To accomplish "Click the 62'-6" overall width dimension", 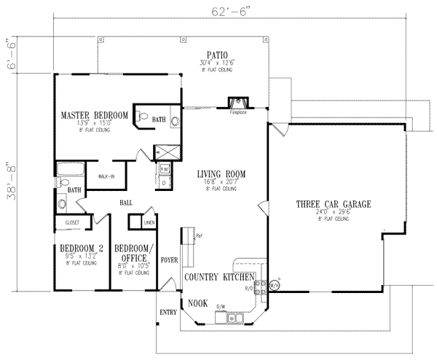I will click(x=219, y=10).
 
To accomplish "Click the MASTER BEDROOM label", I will click(x=95, y=115).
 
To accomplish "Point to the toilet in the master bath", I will click(x=143, y=115).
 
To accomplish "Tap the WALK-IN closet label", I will click(x=107, y=176).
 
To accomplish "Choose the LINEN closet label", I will click(x=149, y=222).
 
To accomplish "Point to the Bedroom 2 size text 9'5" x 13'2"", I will click(x=81, y=257).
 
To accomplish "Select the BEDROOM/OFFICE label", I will click(x=133, y=252).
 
